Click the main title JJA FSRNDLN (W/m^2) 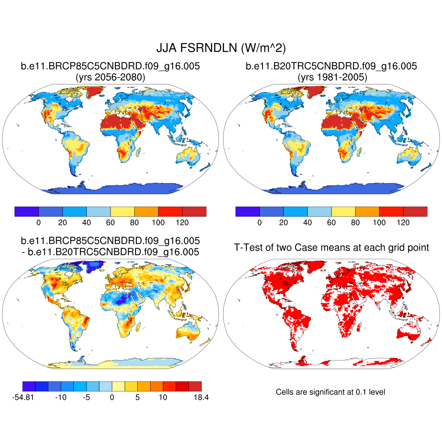pyautogui.click(x=221, y=48)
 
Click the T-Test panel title pyautogui.click(x=331, y=247)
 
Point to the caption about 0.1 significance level pyautogui.click(x=330, y=392)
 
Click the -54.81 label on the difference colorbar pyautogui.click(x=23, y=398)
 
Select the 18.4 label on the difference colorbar pyautogui.click(x=202, y=398)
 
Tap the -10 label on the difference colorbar pyautogui.click(x=60, y=398)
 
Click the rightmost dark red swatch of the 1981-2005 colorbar pyautogui.click(x=415, y=212)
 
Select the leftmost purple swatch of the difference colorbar pyautogui.click(x=29, y=386)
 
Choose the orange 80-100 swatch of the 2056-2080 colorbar pyautogui.click(x=146, y=212)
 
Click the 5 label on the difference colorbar pyautogui.click(x=137, y=398)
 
